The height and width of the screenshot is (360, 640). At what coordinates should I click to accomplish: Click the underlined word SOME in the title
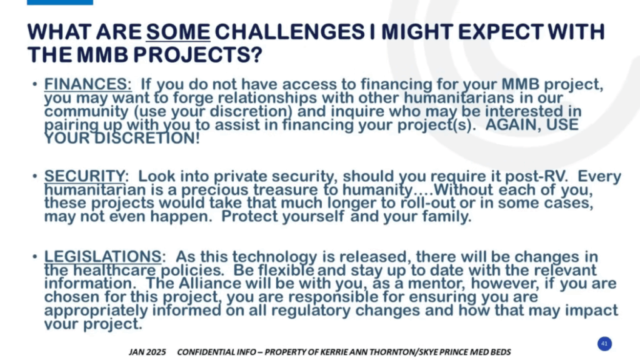(x=178, y=32)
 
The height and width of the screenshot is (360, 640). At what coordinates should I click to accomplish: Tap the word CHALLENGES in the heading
(x=289, y=32)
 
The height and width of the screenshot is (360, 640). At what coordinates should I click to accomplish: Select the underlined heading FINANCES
(x=87, y=84)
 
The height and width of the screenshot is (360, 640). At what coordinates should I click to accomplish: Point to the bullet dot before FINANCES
(x=35, y=84)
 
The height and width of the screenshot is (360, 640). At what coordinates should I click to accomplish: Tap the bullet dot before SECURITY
(x=35, y=176)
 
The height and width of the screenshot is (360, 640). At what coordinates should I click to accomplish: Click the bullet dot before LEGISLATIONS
(x=35, y=257)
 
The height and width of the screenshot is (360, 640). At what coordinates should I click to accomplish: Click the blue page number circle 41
(x=604, y=344)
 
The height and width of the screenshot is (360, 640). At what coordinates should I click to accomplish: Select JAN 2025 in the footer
(x=147, y=352)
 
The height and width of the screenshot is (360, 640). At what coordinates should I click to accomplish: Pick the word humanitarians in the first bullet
(x=483, y=98)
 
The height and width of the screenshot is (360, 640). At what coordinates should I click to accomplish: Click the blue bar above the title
(x=60, y=2)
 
